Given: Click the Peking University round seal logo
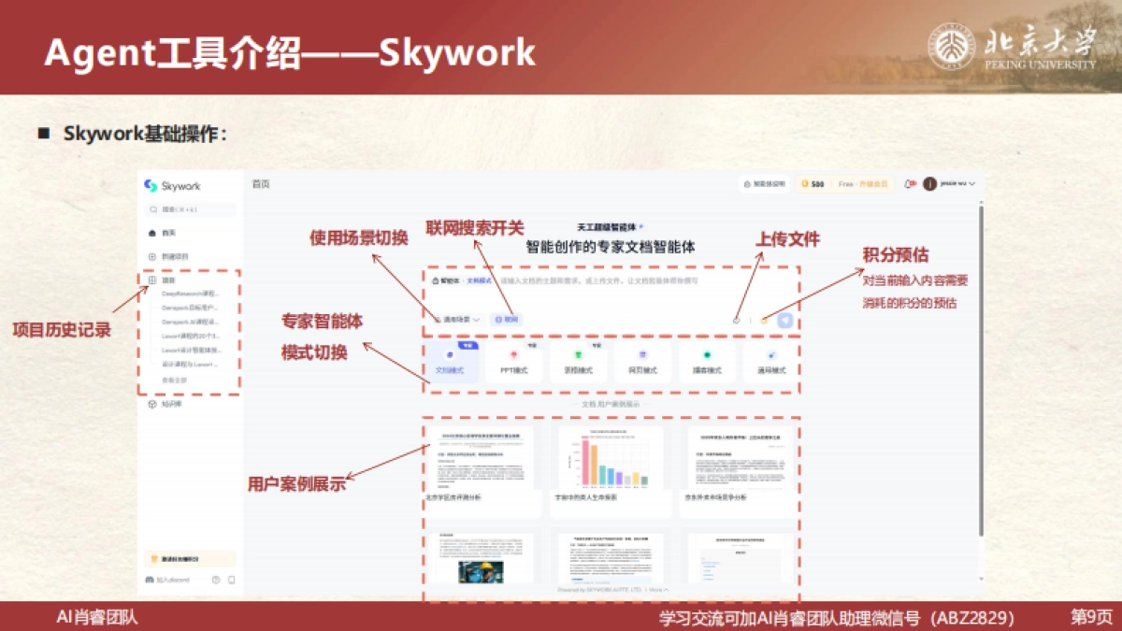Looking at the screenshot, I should (x=952, y=46).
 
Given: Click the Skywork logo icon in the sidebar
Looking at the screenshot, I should (x=150, y=185).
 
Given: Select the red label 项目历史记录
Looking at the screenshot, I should (x=62, y=329).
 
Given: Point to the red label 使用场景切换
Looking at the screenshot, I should (x=359, y=237).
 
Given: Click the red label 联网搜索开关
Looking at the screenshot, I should (x=475, y=228).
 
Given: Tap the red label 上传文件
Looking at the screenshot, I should (x=787, y=240).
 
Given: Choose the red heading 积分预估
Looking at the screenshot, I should (x=895, y=255).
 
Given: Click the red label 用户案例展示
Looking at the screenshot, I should (x=296, y=483).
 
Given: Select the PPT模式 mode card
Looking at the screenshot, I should (x=513, y=362).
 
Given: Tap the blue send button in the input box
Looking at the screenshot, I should (x=784, y=320).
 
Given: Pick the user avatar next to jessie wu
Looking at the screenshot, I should (x=929, y=184).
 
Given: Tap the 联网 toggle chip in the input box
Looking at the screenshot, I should (x=506, y=319).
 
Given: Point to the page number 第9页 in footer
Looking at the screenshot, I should (x=1091, y=617).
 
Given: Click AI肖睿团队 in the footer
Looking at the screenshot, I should (x=97, y=617).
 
